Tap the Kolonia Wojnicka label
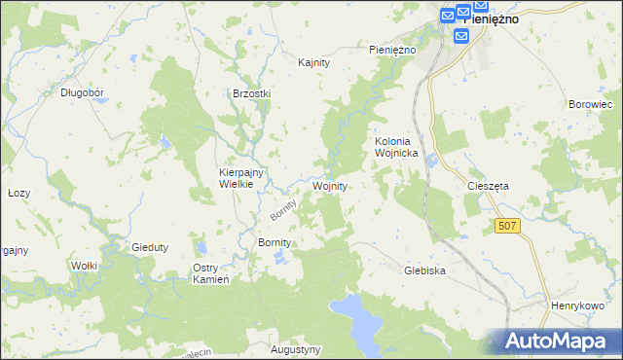[x=396, y=147]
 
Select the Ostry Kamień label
[x=210, y=273]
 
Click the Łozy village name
[x=18, y=193]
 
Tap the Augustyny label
[x=295, y=348]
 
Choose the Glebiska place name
[x=424, y=271]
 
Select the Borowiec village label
[x=588, y=103]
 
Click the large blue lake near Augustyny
[x=358, y=321]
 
